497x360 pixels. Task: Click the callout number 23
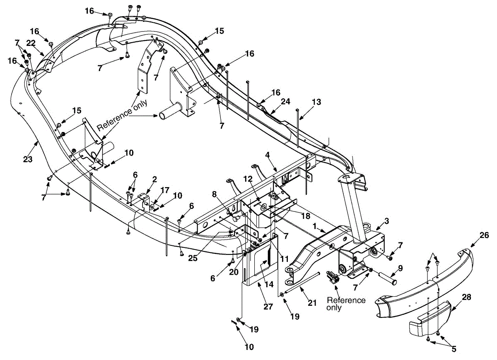tap(28, 159)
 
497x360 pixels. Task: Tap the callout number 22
tap(31, 43)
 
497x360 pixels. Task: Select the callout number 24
tap(285, 101)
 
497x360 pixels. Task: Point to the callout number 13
tap(316, 102)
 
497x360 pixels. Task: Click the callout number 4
tap(268, 155)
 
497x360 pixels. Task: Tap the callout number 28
tap(466, 297)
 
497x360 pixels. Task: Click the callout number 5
tap(454, 349)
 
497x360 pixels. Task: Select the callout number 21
tap(312, 303)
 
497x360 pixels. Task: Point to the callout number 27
tap(268, 307)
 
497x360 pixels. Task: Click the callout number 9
tap(400, 269)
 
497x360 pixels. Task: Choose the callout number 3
tap(387, 221)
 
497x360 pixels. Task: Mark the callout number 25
tap(193, 258)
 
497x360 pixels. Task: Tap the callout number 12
tap(248, 179)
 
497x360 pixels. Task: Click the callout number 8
tap(214, 194)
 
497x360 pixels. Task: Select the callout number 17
tap(165, 190)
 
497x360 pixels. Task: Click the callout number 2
tap(154, 179)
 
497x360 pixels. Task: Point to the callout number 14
tap(269, 284)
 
